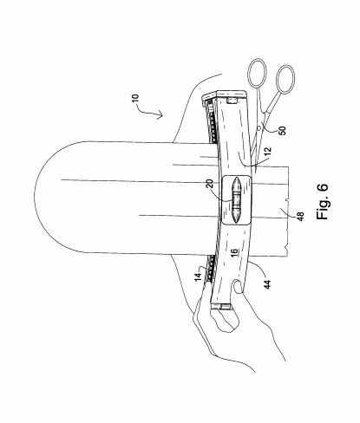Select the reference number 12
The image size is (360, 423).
(268, 151)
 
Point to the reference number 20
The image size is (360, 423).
(211, 183)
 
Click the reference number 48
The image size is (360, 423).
(301, 217)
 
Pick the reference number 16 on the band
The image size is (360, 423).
(235, 251)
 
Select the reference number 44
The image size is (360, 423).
(267, 285)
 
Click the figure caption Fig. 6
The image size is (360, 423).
(323, 202)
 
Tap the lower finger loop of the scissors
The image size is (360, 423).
(286, 80)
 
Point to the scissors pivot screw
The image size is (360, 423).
(259, 127)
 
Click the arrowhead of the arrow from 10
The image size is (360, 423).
(160, 115)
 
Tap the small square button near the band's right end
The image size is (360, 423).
(232, 101)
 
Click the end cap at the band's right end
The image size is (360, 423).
(232, 93)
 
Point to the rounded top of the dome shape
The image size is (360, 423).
(35, 198)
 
